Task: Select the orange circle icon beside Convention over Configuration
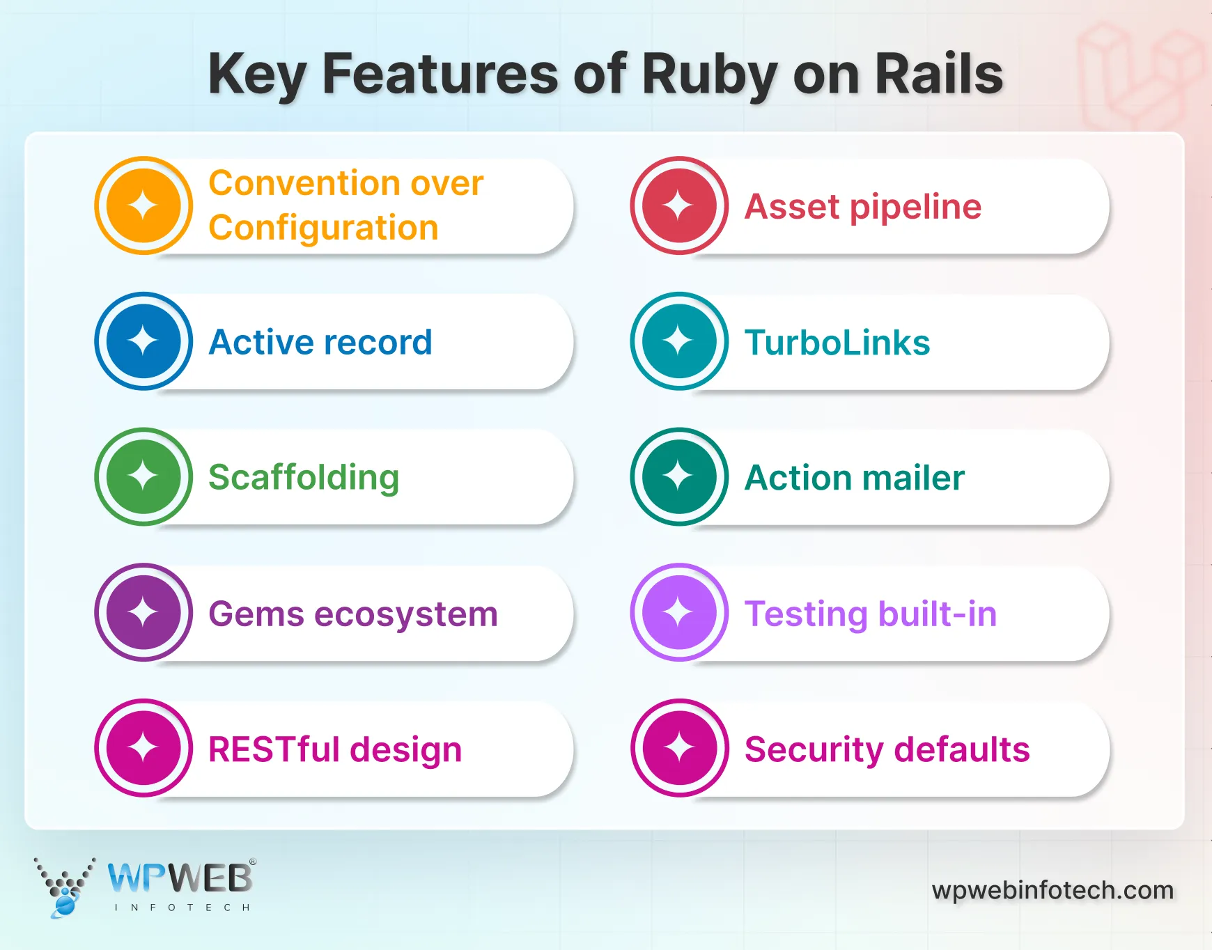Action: [143, 205]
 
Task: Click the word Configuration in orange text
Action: [323, 228]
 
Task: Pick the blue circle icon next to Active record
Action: [143, 341]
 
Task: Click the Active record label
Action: [320, 342]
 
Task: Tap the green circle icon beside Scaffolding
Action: [143, 476]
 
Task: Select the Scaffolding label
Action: [304, 478]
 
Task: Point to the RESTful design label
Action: [335, 749]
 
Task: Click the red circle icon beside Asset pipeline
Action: [679, 205]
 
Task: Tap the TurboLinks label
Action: [837, 343]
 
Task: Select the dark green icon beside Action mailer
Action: [679, 476]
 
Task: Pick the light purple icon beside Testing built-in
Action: [679, 612]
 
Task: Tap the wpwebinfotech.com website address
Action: [1052, 890]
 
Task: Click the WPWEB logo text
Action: [180, 878]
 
